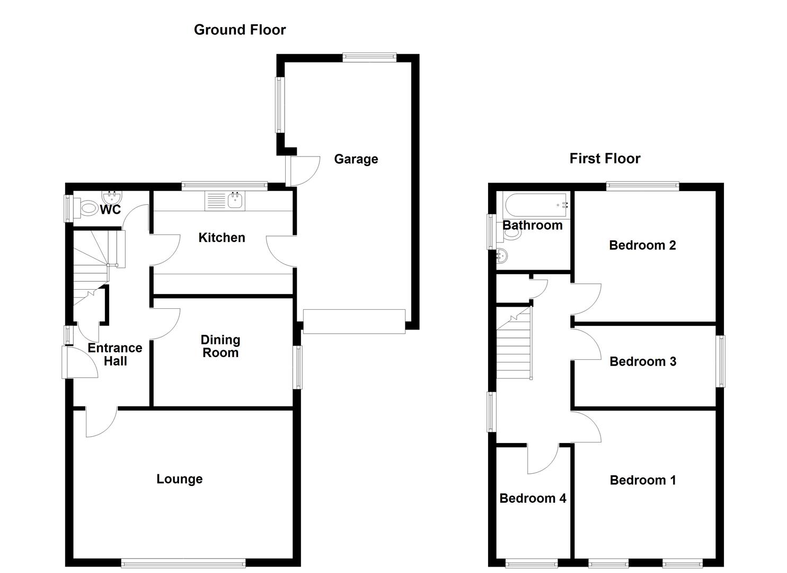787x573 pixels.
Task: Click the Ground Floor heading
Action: click(240, 30)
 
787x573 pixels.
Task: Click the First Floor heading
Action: click(605, 158)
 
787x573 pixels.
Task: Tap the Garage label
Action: click(356, 159)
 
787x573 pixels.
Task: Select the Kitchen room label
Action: click(222, 238)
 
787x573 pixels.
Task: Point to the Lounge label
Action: click(179, 479)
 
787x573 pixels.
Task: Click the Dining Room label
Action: click(220, 346)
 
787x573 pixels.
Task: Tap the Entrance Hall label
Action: click(115, 354)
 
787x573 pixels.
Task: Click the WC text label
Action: click(110, 210)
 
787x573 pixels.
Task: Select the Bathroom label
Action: click(532, 225)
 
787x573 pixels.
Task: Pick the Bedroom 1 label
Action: click(642, 480)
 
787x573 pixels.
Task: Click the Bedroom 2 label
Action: click(642, 245)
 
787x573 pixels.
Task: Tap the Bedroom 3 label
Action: click(642, 361)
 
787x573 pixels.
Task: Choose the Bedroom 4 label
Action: click(533, 498)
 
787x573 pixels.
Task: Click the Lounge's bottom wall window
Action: click(183, 563)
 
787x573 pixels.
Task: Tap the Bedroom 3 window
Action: click(721, 361)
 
